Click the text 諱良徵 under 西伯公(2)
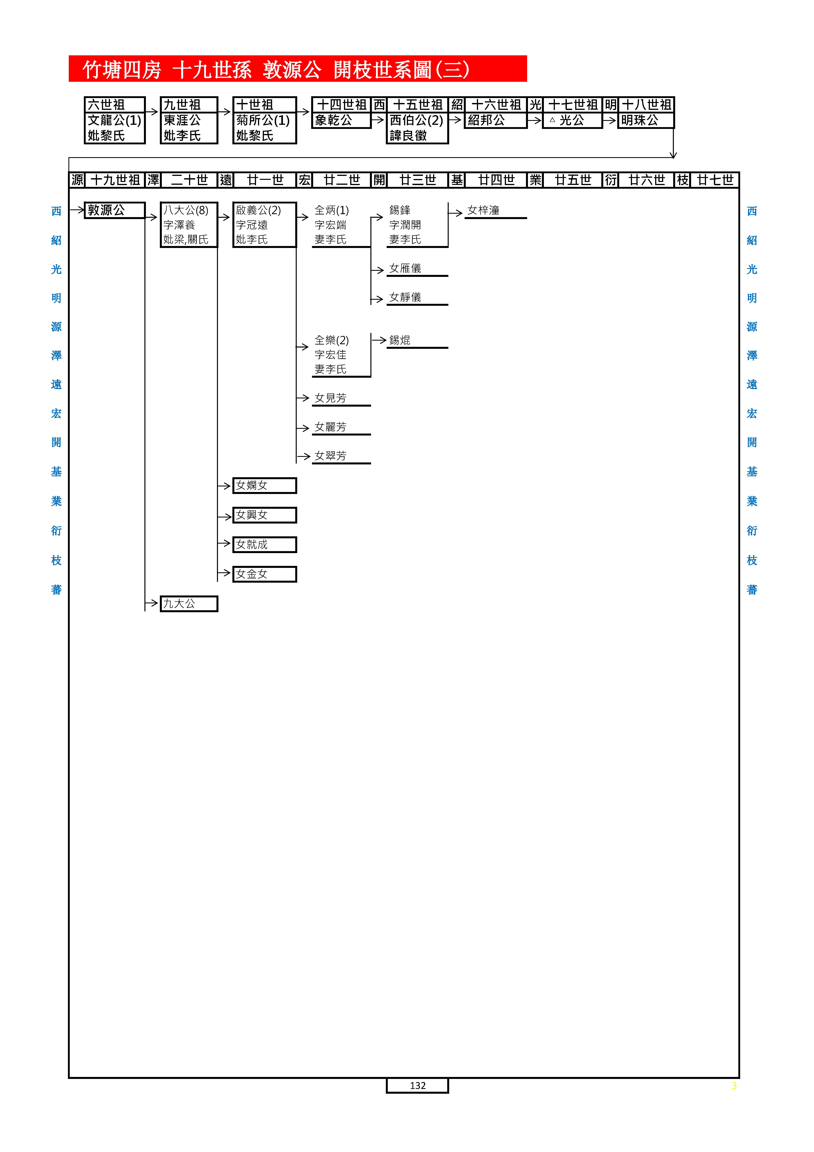coord(408,135)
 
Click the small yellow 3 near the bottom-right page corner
coord(734,1086)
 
